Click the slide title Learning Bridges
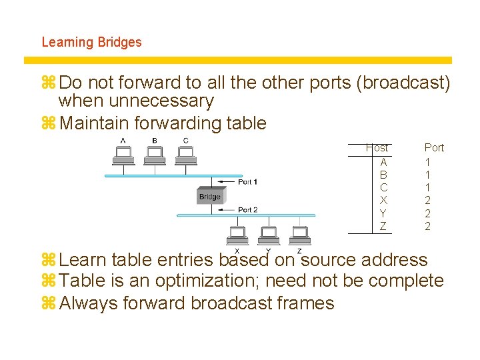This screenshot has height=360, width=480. [x=91, y=42]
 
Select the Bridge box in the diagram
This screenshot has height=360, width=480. [x=210, y=196]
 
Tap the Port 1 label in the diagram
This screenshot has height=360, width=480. [x=247, y=182]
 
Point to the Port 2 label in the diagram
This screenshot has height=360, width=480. [x=247, y=210]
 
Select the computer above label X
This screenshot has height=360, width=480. [x=238, y=234]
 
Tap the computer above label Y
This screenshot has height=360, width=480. [x=269, y=234]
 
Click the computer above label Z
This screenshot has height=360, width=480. [x=299, y=234]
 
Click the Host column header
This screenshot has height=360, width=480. [x=377, y=147]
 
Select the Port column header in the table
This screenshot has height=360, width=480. [x=434, y=147]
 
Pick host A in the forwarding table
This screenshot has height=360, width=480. [x=383, y=162]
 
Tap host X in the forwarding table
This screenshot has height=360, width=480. [x=383, y=200]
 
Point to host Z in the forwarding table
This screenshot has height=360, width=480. [x=383, y=226]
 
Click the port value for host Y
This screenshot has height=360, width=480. [x=427, y=213]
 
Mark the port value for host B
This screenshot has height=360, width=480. [x=427, y=175]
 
